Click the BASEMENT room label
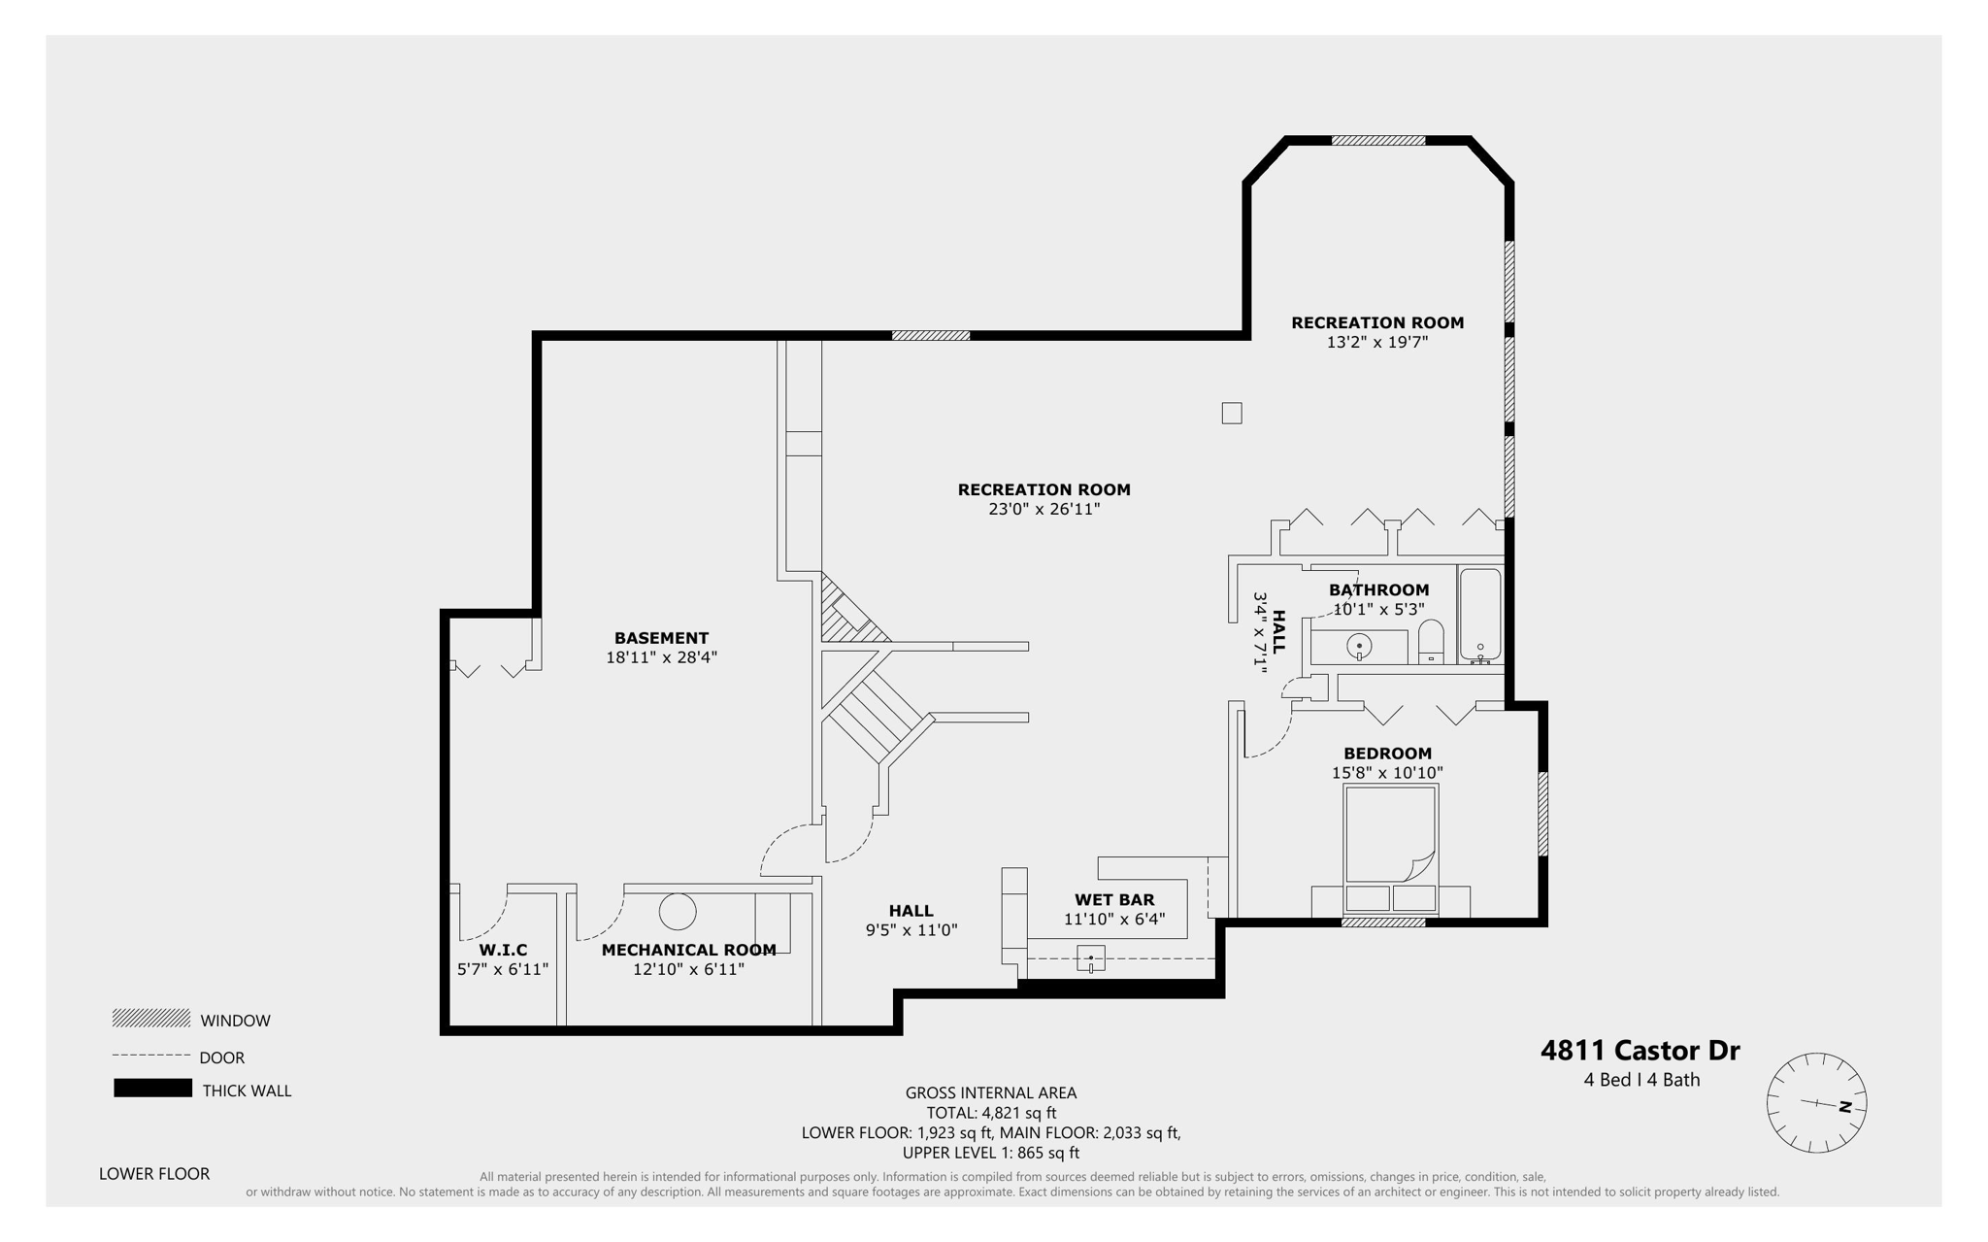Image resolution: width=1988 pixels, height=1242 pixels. point(661,638)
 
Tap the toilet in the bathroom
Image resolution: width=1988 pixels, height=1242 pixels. point(1431,644)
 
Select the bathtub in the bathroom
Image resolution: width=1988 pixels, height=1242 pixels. point(1480,615)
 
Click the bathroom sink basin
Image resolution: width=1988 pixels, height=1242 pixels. point(1360,646)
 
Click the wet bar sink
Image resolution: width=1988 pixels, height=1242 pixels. point(1090,959)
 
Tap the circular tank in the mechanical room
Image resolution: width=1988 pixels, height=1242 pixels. point(678,912)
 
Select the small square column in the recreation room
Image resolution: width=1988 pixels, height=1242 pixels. point(1232,413)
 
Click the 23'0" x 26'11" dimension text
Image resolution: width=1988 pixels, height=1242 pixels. point(1044,509)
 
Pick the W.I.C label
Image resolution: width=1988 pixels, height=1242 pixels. point(503,950)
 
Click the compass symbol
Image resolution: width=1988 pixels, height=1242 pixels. point(1816,1103)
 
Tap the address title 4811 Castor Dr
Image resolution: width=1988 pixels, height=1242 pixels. point(1640,1051)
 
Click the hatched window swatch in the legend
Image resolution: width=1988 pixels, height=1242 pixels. point(151,1019)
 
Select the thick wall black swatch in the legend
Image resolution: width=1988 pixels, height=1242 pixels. point(152,1089)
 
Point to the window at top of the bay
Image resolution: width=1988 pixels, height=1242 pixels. point(1377,141)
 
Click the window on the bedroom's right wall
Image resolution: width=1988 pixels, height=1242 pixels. point(1542,814)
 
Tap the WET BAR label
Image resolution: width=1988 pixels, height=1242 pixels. point(1114,900)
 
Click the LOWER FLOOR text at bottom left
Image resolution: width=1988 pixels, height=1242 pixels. point(154,1173)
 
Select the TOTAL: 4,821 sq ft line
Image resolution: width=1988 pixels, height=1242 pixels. point(991,1113)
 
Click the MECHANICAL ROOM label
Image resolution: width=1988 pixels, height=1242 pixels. point(688,950)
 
